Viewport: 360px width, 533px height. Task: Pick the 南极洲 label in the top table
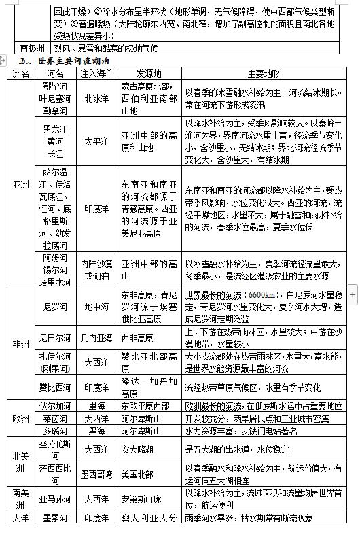[x=32, y=48]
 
